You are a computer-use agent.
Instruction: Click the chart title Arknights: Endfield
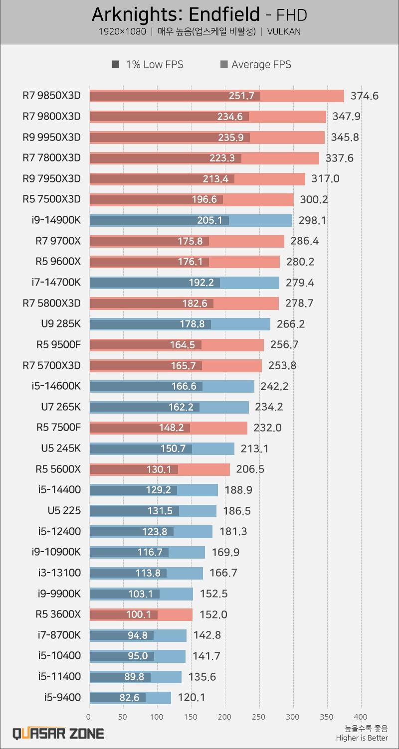click(176, 15)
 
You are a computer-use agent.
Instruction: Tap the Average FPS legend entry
click(255, 64)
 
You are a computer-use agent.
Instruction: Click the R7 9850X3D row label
click(51, 95)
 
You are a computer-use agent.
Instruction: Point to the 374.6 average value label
click(365, 96)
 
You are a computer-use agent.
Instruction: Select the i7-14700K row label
click(55, 283)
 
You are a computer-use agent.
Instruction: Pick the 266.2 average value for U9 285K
click(290, 324)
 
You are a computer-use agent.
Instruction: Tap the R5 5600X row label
click(58, 469)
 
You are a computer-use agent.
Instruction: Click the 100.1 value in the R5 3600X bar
click(138, 614)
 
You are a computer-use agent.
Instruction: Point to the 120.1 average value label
click(192, 698)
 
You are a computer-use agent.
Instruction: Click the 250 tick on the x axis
click(259, 717)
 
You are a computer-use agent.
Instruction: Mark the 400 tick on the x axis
click(361, 717)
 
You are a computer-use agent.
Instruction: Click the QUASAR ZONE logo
click(58, 733)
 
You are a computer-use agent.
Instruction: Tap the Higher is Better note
click(362, 738)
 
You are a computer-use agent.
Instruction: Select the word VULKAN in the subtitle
click(284, 32)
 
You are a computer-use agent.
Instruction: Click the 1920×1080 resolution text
click(122, 32)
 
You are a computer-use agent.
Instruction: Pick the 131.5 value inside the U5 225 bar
click(157, 511)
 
